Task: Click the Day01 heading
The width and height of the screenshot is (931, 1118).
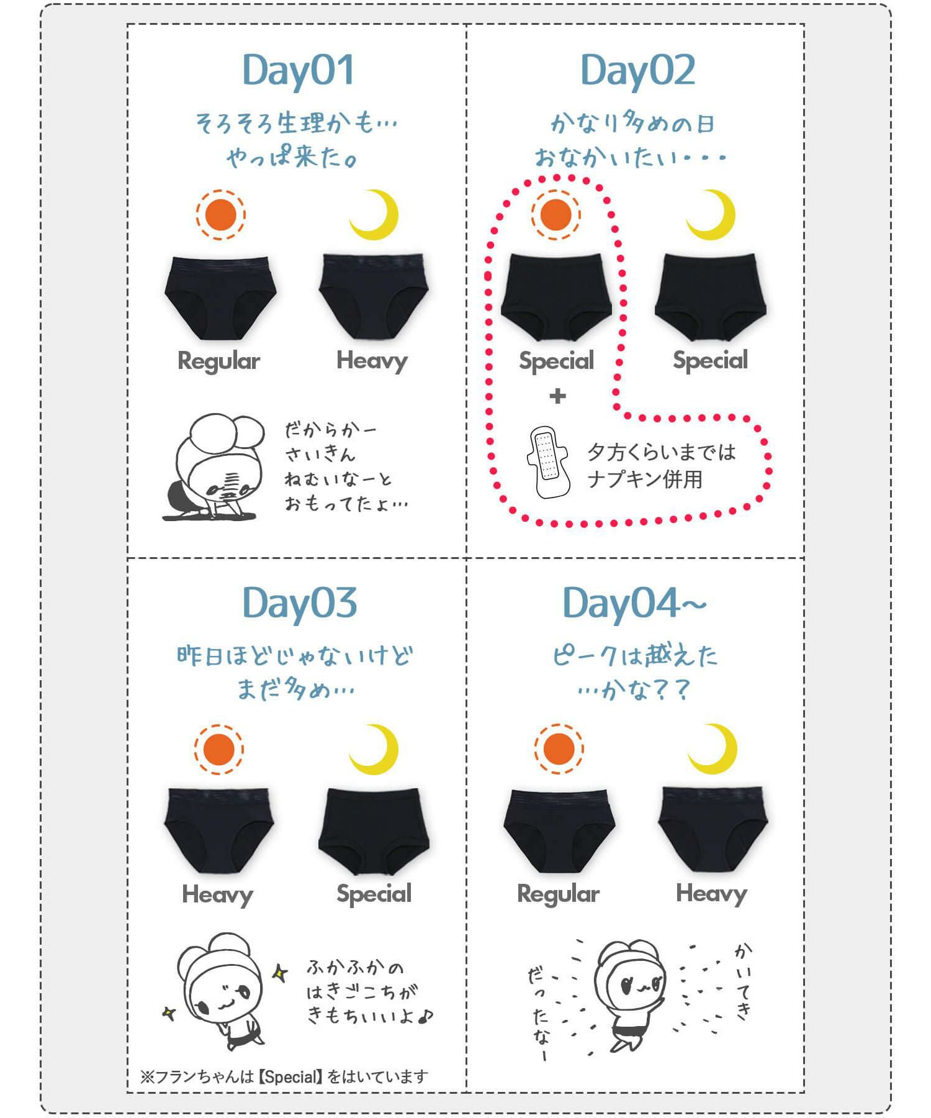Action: pos(299,70)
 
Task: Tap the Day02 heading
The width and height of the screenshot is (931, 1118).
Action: pos(637,70)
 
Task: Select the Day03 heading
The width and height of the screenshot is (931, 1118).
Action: pos(299,603)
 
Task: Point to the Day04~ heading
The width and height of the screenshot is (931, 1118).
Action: pos(634,603)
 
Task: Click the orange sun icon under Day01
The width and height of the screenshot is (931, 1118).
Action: pos(221,215)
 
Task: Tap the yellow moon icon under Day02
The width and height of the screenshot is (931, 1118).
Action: pos(714,215)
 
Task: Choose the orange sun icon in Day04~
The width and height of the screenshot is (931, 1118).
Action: pos(559,748)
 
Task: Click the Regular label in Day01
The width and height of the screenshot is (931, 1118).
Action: pos(218,361)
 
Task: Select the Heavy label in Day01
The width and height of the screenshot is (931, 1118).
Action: pos(372,361)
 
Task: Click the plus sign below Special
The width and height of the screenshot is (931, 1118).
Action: pos(557,396)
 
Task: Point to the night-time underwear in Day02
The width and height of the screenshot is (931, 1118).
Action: pos(710,296)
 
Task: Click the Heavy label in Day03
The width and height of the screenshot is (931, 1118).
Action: pos(217,895)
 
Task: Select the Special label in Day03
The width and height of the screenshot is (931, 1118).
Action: pos(374,894)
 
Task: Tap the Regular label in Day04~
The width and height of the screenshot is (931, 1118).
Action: pos(558,894)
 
